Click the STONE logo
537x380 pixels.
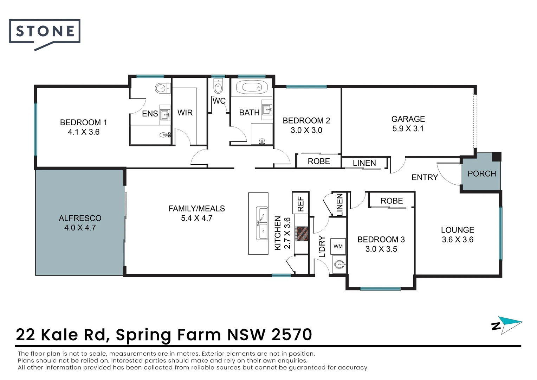45,32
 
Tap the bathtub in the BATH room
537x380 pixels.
252,87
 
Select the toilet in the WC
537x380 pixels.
218,87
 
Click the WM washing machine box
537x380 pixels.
338,246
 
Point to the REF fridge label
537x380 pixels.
301,204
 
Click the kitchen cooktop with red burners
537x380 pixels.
302,234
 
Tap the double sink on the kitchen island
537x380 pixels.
262,223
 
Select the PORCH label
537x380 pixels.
481,173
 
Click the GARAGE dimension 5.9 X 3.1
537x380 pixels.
408,129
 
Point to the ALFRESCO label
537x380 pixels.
80,218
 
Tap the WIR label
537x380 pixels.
185,113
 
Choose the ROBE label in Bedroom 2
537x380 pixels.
319,161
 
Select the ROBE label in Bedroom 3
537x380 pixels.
392,201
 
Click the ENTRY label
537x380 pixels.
425,177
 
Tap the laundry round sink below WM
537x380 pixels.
339,264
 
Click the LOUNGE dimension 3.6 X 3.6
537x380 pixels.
458,240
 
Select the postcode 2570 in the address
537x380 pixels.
292,334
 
